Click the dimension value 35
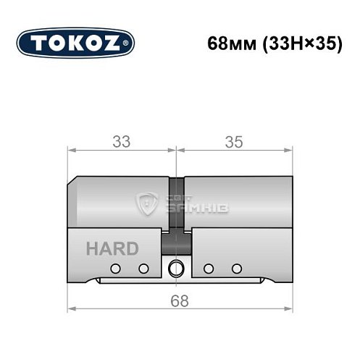click(x=233, y=142)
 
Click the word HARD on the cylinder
click(x=112, y=249)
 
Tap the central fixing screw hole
click(x=175, y=269)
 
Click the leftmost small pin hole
click(x=114, y=269)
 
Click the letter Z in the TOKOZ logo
click(x=116, y=43)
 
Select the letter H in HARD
click(x=92, y=249)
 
